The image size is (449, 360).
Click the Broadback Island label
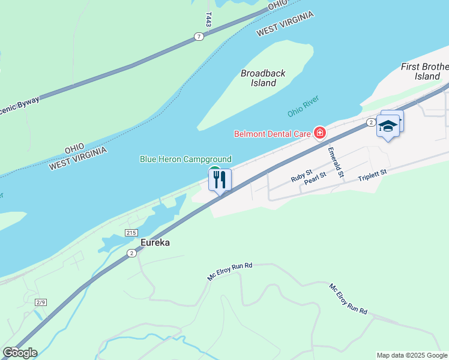263,78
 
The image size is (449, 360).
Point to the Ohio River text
303,106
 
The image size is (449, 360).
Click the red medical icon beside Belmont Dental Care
320,133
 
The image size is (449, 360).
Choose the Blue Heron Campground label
185,159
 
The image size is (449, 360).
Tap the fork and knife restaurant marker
220,179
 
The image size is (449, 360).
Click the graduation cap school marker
388,127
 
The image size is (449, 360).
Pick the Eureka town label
155,242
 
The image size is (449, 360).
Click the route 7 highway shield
199,37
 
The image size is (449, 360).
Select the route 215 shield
131,232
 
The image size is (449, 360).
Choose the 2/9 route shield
41,302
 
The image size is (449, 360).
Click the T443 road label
208,19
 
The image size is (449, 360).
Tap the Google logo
20,353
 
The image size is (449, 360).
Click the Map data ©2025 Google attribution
412,355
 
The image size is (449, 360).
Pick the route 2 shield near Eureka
131,253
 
